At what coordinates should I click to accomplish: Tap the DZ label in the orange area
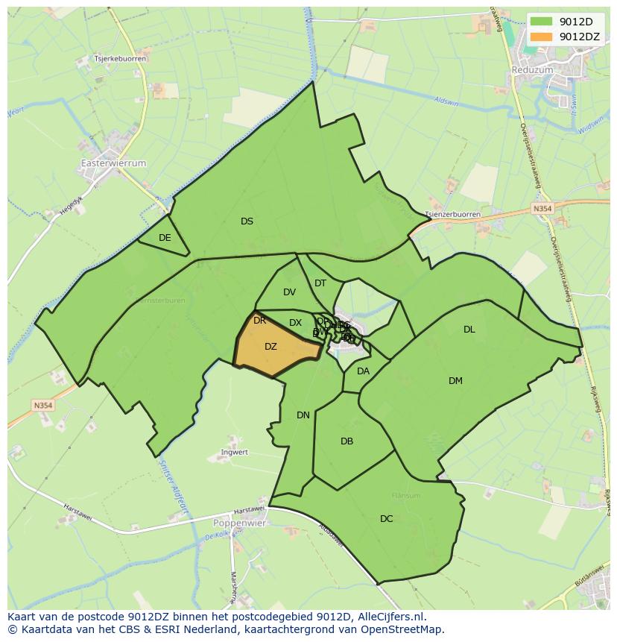pos(270,347)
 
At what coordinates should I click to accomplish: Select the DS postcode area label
pos(247,221)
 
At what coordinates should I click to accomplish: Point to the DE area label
pos(165,238)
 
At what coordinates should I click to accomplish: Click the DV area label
pos(290,292)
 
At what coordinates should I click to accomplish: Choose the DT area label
pos(320,283)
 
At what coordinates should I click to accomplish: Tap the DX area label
pos(295,323)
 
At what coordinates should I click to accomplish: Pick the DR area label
pos(259,321)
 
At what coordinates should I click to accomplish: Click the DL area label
pos(469,330)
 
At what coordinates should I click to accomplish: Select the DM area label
pos(455,381)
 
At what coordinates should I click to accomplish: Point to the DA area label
pos(363,371)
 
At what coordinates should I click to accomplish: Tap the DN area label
pos(303,415)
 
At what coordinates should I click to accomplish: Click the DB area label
pos(347,441)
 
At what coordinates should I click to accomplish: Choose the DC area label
pos(386,519)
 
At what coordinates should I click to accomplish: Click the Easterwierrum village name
pos(113,163)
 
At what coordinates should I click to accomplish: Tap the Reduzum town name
pos(533,69)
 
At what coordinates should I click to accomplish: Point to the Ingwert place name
pos(235,453)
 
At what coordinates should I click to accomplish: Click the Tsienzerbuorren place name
pos(452,214)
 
